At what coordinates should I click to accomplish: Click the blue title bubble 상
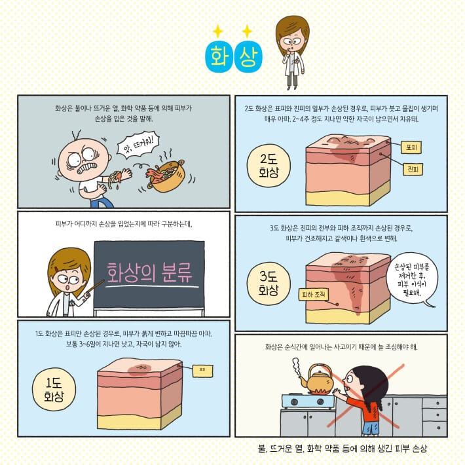coord(248,56)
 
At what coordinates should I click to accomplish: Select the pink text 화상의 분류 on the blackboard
coord(150,270)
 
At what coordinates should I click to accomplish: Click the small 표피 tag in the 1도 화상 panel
coord(202,370)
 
